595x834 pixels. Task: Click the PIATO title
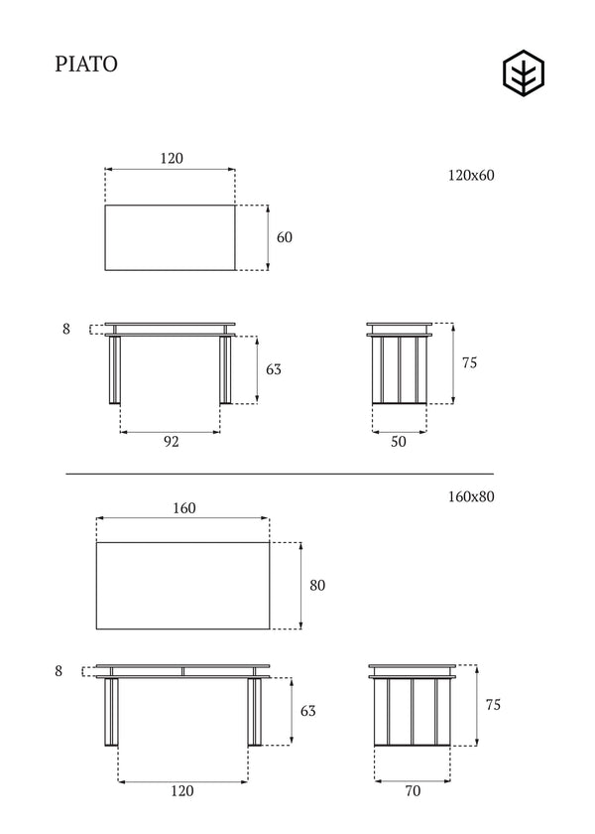pyautogui.click(x=86, y=64)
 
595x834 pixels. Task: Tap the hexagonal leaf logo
pyautogui.click(x=524, y=72)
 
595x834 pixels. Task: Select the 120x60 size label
pyautogui.click(x=471, y=175)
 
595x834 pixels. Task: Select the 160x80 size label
pyautogui.click(x=471, y=496)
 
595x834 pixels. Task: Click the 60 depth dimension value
pyautogui.click(x=285, y=237)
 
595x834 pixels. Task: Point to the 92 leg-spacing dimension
pyautogui.click(x=171, y=442)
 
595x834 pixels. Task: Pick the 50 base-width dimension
pyautogui.click(x=399, y=442)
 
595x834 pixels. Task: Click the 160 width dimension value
pyautogui.click(x=184, y=508)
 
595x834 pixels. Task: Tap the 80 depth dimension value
pyautogui.click(x=317, y=585)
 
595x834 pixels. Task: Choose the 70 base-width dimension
pyautogui.click(x=413, y=791)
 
